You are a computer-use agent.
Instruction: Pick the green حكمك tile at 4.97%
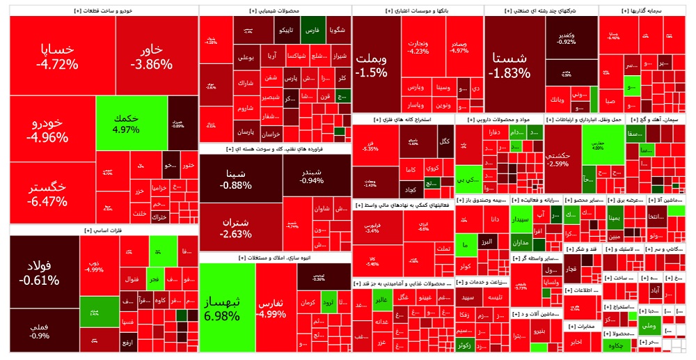tap(131, 123)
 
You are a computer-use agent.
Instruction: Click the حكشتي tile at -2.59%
tap(562, 159)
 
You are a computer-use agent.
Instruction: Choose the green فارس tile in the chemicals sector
tap(313, 31)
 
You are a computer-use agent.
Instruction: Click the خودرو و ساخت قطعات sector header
tap(104, 11)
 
